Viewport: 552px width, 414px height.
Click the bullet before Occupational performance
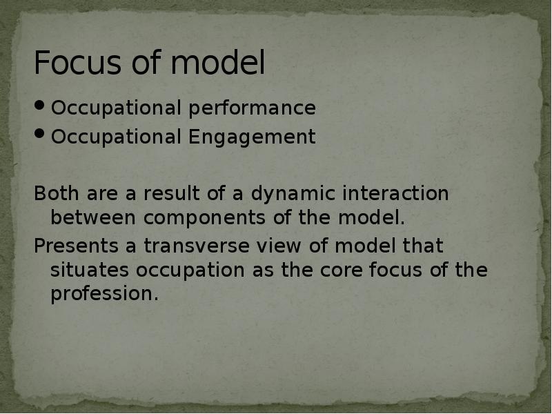point(41,107)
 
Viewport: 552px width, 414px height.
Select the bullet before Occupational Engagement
point(41,136)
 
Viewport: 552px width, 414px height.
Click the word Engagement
point(253,137)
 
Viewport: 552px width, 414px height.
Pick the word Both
point(55,194)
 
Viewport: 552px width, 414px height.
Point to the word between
point(95,218)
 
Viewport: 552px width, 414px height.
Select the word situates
point(90,270)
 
